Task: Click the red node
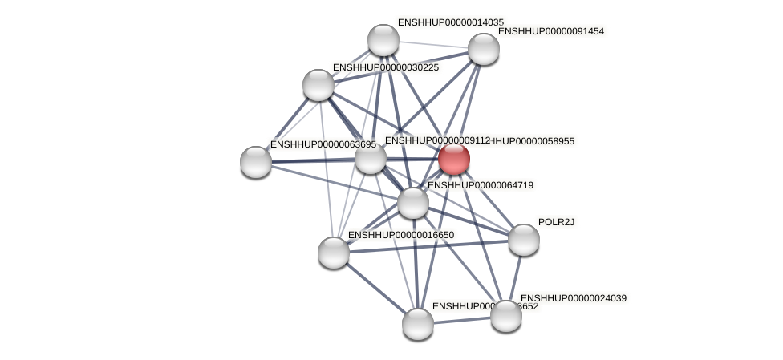tap(453, 158)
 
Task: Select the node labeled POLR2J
tap(523, 239)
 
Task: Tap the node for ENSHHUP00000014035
tap(383, 40)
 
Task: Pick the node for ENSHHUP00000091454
tap(483, 49)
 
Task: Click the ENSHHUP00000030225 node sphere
tap(318, 85)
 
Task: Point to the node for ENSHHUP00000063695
tap(256, 161)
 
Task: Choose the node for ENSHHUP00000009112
tap(371, 158)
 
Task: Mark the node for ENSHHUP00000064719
tap(413, 202)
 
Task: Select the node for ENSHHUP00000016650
tap(334, 252)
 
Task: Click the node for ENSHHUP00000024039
tap(505, 315)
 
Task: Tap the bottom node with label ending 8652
tap(417, 323)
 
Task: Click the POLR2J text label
tap(556, 222)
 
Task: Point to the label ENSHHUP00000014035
tap(450, 22)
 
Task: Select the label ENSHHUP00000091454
tap(551, 31)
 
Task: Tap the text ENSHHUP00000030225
tap(385, 67)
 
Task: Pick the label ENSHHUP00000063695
tap(323, 144)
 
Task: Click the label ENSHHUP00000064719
tap(480, 185)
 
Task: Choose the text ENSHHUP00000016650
tap(400, 235)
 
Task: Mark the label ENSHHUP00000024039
tap(573, 298)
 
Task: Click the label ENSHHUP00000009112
tap(436, 140)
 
